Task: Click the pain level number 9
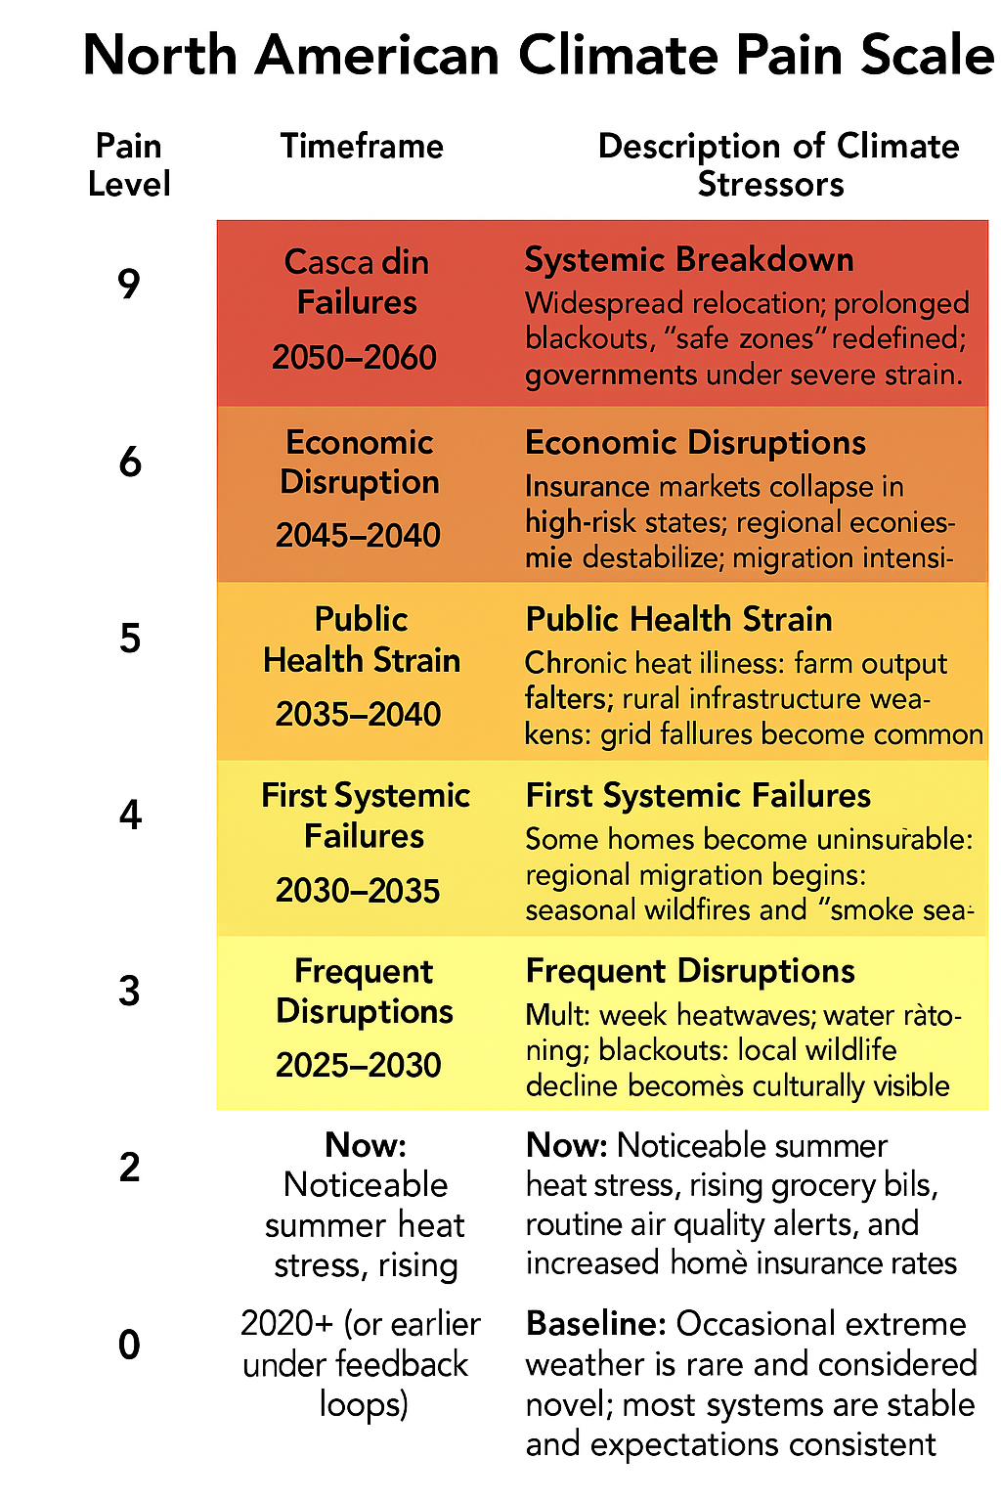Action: point(129,285)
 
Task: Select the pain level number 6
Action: point(130,462)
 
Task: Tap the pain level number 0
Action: point(129,1346)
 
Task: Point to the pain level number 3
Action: point(129,991)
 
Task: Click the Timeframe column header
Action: point(362,147)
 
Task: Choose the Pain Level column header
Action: point(129,165)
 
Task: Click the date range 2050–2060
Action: point(354,358)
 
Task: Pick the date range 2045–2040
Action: point(358,536)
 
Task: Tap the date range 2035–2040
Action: point(358,715)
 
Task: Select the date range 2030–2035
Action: point(358,891)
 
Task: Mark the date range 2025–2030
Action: point(358,1065)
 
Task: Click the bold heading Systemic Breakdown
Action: point(689,260)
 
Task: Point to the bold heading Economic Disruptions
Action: point(695,443)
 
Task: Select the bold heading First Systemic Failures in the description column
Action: point(698,796)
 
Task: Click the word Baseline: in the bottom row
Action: point(595,1324)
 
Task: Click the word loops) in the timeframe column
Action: point(364,1404)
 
